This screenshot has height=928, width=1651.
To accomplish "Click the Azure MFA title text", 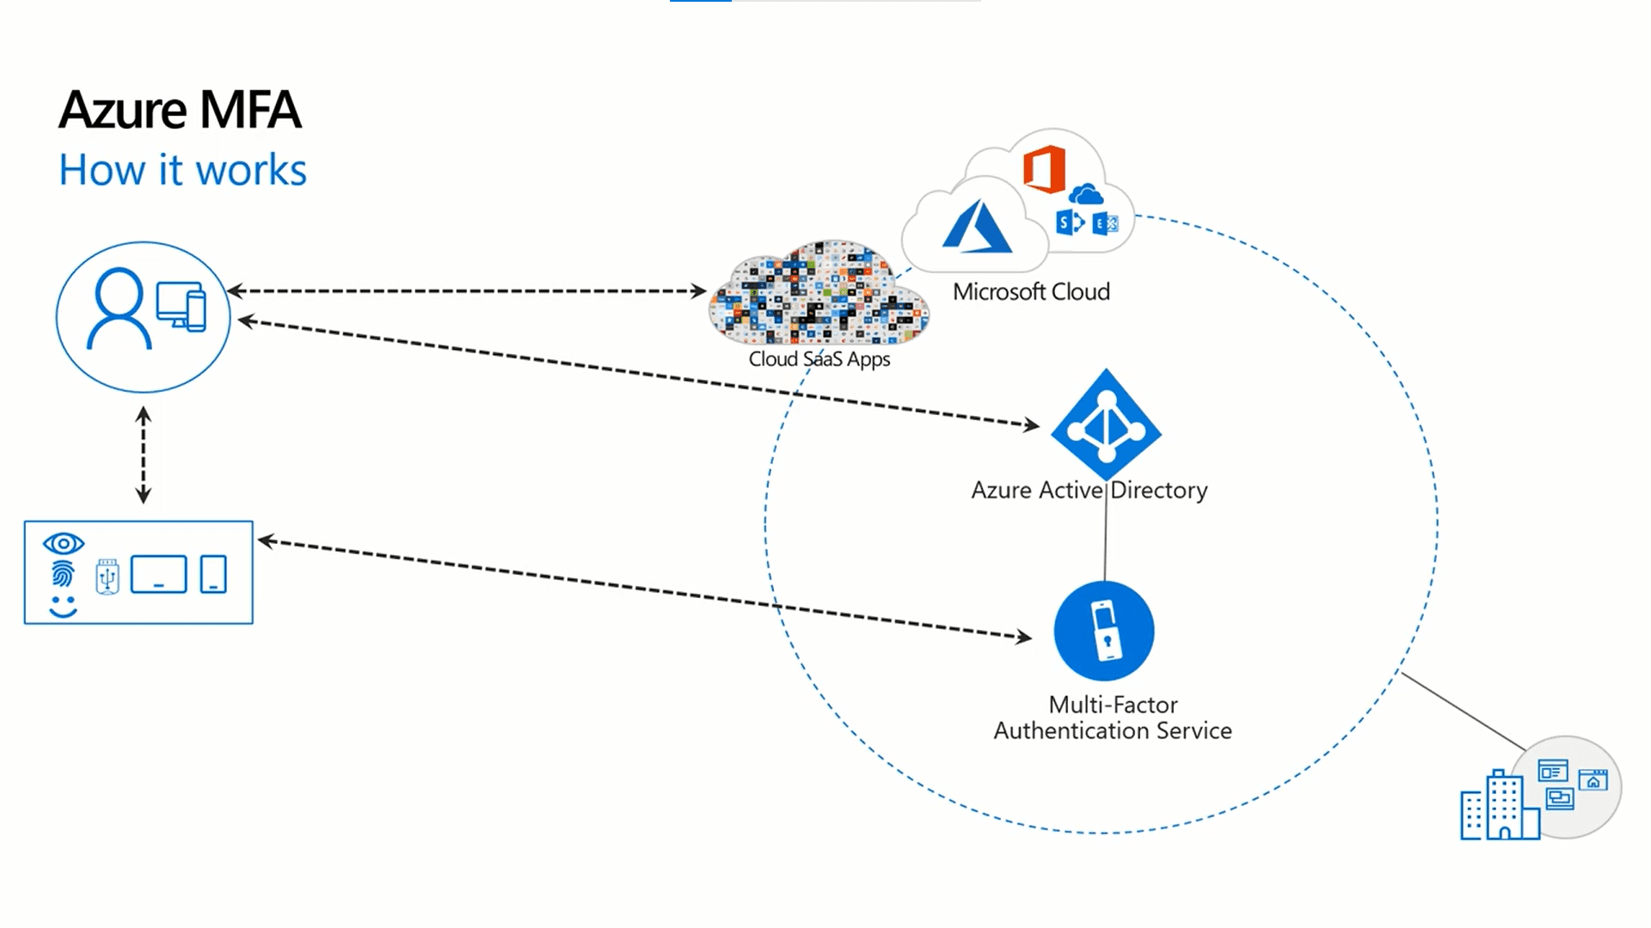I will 180,110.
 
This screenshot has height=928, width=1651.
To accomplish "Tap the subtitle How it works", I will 182,170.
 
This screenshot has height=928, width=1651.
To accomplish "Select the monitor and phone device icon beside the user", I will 181,307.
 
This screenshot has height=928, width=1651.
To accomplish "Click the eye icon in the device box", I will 64,544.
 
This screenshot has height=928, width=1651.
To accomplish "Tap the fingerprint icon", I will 63,574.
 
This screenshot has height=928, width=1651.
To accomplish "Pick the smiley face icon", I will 63,606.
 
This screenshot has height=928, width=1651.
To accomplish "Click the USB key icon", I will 107,577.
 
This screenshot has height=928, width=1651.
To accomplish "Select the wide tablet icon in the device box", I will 159,574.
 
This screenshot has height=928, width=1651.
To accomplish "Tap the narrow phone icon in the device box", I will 213,574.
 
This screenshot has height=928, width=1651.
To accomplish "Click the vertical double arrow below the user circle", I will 144,455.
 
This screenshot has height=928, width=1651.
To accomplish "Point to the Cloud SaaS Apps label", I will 819,359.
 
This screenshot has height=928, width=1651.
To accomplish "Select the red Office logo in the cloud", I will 1044,169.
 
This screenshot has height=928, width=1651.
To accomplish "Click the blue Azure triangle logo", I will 977,227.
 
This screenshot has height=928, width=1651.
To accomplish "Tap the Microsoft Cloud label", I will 1031,292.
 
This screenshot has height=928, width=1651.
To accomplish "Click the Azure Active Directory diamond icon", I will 1106,424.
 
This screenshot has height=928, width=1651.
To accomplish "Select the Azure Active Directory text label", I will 1089,491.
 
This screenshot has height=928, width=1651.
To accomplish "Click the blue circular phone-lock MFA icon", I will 1104,632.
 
